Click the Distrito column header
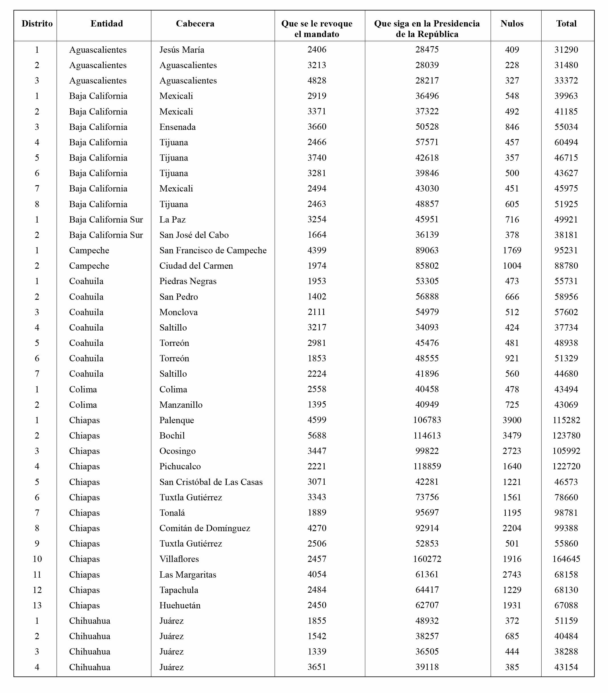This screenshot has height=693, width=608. point(37,24)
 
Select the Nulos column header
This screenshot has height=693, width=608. point(512,24)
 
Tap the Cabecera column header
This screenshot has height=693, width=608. point(195,24)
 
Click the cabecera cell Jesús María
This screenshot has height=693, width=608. point(182,50)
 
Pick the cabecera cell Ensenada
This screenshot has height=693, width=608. point(178,127)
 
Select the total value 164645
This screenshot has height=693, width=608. point(566,559)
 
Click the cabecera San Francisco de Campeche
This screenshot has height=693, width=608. point(213,250)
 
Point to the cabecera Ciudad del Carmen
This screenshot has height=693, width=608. point(196,266)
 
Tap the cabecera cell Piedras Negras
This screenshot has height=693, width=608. point(188,281)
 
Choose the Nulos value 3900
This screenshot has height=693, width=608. point(512,420)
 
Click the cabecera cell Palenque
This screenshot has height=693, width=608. point(177,420)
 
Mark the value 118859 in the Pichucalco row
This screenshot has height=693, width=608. point(427,466)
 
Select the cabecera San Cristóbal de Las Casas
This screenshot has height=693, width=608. point(211,482)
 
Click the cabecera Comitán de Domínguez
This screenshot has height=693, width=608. point(205,528)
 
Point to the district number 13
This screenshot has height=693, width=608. point(37,605)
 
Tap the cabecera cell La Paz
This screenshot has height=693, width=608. point(173,219)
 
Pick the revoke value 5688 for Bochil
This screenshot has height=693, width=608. point(317,435)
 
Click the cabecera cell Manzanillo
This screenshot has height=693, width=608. point(181,404)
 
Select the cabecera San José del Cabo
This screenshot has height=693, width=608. point(194,235)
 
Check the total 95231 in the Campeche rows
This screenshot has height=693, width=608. point(566,250)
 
